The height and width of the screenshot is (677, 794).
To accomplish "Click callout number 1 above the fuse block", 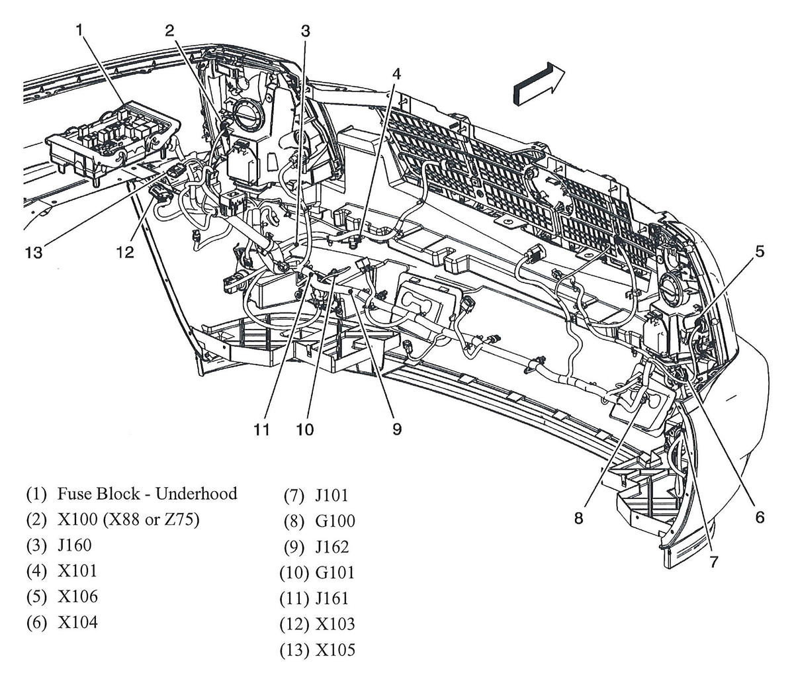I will [x=79, y=30].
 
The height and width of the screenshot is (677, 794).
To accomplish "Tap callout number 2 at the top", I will [x=170, y=30].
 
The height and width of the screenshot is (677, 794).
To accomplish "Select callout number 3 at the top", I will [x=305, y=30].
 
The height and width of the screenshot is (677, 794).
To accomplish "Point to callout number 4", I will [x=396, y=73].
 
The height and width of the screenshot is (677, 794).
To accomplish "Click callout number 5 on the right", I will [x=760, y=251].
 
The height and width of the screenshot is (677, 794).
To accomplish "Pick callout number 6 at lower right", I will [x=759, y=517].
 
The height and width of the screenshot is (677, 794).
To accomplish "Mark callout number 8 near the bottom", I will [x=579, y=519].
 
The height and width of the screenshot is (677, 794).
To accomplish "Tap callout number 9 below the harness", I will [x=396, y=429].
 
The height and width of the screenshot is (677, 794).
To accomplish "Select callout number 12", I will [x=125, y=252].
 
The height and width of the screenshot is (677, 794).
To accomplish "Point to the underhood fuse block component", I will [x=112, y=139].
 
